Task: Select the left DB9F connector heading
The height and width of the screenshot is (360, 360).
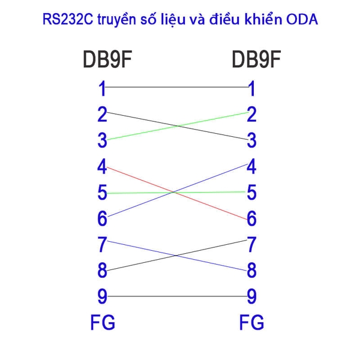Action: point(107,61)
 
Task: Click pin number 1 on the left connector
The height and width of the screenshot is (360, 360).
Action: point(102,89)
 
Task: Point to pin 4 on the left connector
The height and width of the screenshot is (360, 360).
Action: point(102,166)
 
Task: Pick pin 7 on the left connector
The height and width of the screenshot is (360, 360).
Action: point(102,245)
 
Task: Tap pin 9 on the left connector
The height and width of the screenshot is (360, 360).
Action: point(102,296)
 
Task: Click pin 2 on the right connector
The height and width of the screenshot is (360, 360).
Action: point(251,114)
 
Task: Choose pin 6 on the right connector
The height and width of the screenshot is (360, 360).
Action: point(251,219)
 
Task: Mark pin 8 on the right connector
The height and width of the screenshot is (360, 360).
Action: point(251,271)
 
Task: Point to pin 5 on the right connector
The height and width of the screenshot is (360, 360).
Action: point(251,193)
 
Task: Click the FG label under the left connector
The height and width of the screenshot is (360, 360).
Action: point(102,323)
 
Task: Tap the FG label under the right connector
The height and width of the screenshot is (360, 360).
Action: point(251,323)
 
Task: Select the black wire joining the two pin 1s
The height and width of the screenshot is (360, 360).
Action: point(177,88)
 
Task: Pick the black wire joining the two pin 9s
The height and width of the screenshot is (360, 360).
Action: point(177,296)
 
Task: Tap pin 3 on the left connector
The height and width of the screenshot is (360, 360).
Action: point(102,140)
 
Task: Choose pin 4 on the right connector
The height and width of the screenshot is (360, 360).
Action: point(251,166)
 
